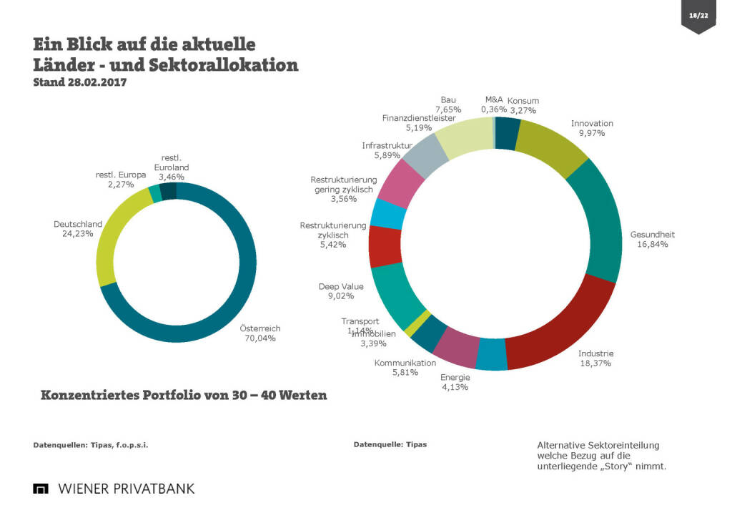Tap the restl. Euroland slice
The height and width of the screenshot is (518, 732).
168,191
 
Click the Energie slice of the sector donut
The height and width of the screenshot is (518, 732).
491,355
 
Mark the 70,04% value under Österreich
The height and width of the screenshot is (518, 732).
259,338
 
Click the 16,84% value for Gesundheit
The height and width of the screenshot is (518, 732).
652,244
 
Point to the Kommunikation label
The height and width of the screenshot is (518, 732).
405,363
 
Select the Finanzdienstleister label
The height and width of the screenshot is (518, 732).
418,118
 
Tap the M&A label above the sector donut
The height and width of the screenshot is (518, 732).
494,100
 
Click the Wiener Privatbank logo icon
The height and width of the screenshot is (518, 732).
41,489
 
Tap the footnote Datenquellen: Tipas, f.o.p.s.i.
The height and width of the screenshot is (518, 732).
91,445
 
